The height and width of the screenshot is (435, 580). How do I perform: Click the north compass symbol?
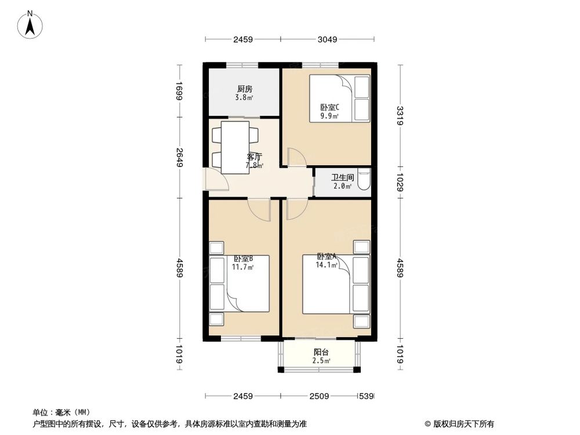click(x=31, y=24)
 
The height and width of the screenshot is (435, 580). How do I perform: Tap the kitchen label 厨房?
click(x=244, y=89)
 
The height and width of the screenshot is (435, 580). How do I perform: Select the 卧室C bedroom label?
click(x=329, y=107)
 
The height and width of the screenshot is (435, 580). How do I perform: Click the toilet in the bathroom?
click(x=364, y=179)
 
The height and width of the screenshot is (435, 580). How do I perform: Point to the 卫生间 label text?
click(x=342, y=177)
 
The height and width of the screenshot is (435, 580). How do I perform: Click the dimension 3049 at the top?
click(x=328, y=39)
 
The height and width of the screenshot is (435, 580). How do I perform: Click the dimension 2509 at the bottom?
click(x=319, y=397)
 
